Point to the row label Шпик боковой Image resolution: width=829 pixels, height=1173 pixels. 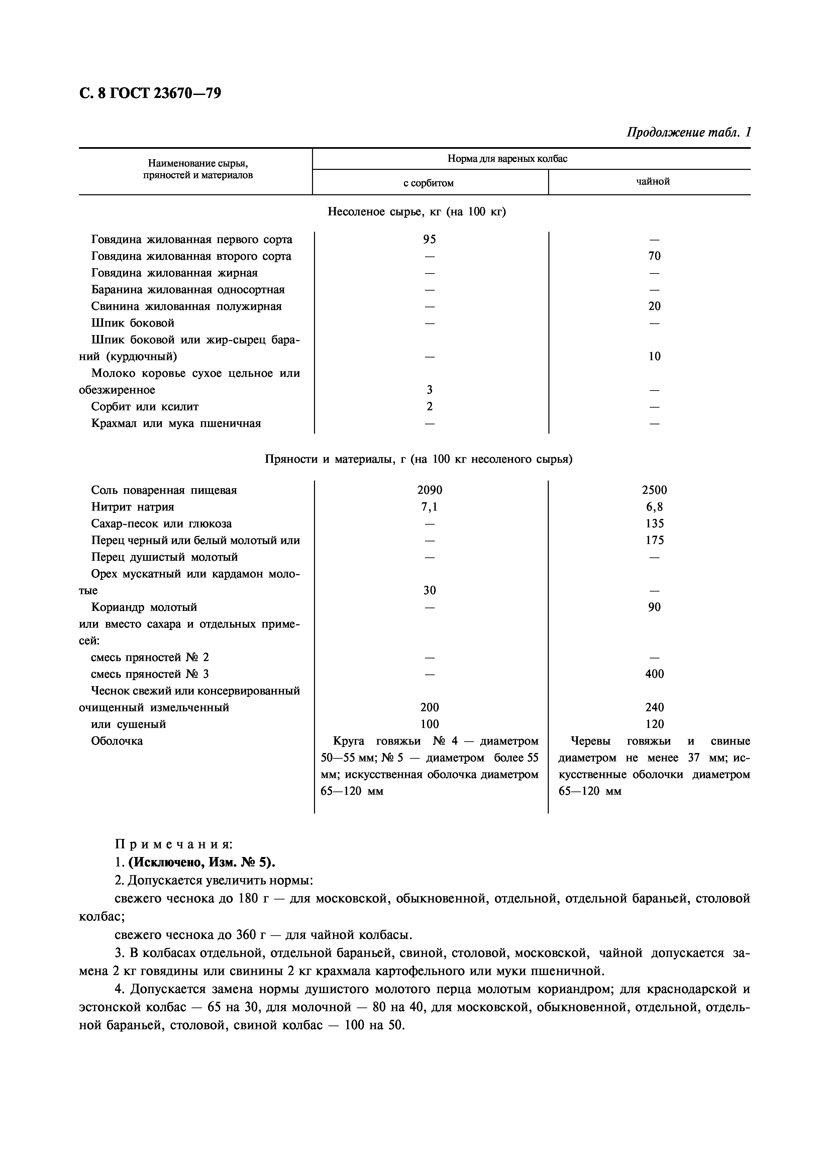(133, 323)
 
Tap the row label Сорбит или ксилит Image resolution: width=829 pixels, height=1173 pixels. (144, 407)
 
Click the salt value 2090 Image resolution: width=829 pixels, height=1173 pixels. (430, 491)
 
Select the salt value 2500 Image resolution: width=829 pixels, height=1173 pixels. (654, 491)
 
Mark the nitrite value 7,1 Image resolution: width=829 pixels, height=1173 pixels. (430, 507)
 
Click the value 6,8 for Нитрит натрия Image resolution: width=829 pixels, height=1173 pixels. (654, 507)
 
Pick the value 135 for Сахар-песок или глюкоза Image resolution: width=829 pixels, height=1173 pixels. (654, 524)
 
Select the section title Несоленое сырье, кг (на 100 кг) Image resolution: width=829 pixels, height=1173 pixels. (416, 212)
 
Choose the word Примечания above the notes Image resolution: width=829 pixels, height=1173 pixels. (174, 845)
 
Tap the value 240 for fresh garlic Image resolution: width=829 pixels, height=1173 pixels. (654, 708)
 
